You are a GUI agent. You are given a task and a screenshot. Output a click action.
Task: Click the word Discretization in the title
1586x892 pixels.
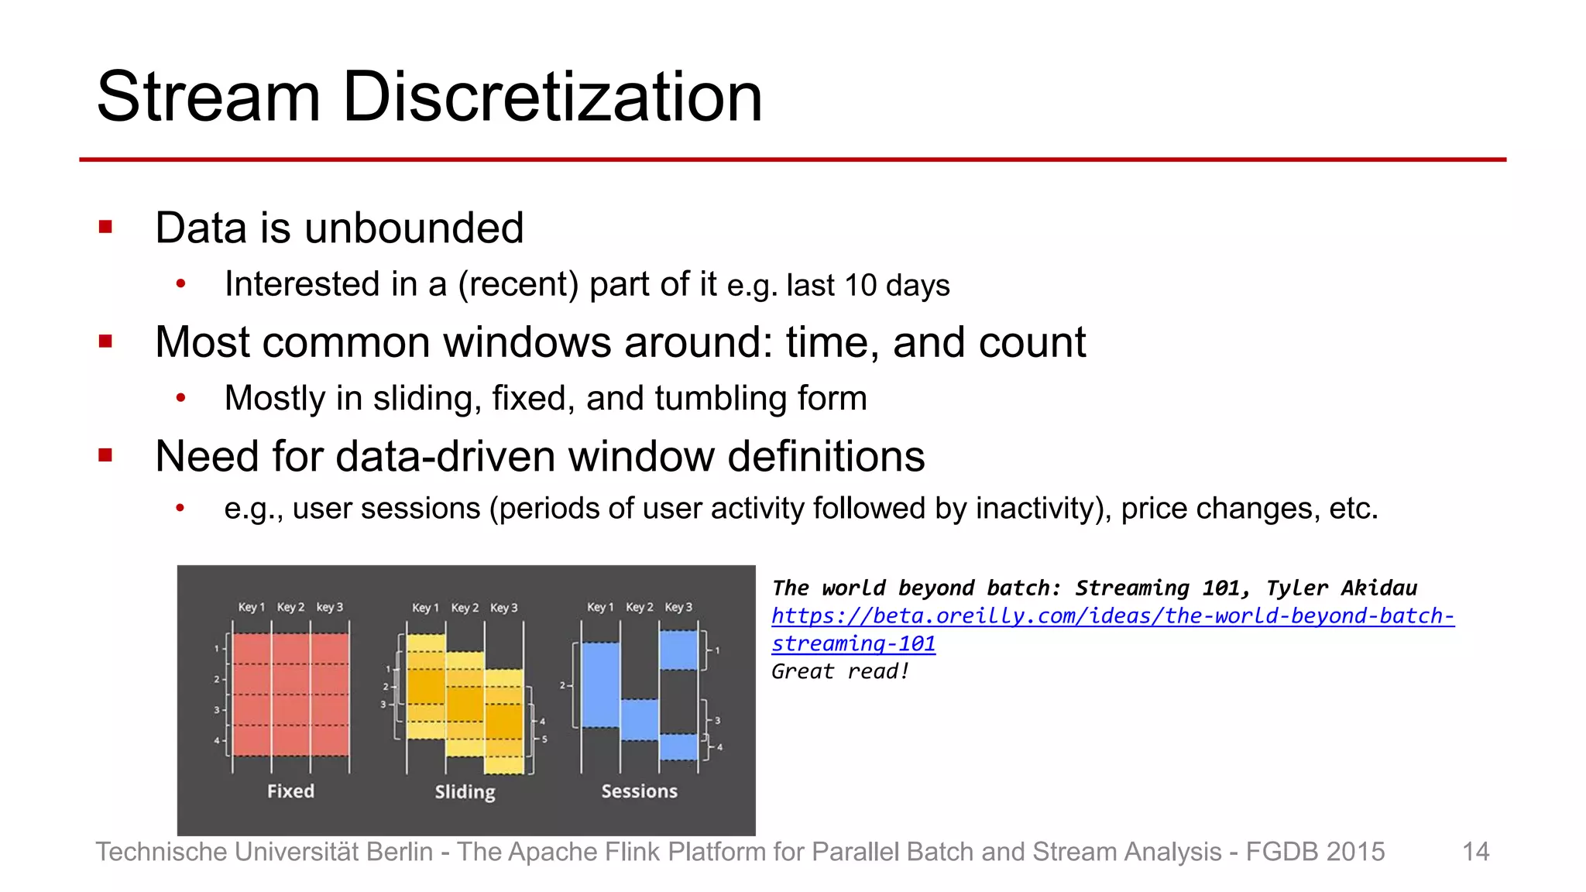552,97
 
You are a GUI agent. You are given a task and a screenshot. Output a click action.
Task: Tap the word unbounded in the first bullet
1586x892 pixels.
414,228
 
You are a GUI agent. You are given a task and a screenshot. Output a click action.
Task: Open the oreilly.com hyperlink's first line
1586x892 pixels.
1113,616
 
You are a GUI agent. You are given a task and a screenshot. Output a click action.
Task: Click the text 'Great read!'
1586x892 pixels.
839,671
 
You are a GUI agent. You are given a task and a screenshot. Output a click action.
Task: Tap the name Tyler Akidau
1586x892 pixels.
1341,588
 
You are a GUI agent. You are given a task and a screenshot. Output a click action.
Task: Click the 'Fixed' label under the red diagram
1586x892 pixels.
290,791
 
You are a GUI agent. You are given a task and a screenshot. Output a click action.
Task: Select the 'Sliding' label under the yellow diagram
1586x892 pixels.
465,792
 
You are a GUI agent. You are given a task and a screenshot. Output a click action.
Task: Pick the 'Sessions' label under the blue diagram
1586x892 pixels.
639,791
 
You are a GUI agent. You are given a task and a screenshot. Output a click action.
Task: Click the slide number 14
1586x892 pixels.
1475,852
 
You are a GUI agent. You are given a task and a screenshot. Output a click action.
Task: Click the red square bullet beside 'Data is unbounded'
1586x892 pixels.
106,228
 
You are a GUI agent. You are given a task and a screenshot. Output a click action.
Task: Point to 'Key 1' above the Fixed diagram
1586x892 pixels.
251,607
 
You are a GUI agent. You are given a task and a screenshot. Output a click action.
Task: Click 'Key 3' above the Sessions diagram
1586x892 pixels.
678,607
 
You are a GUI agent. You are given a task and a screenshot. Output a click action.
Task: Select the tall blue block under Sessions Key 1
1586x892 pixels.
600,685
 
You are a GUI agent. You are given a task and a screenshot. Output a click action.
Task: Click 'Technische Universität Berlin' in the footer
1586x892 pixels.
263,852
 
